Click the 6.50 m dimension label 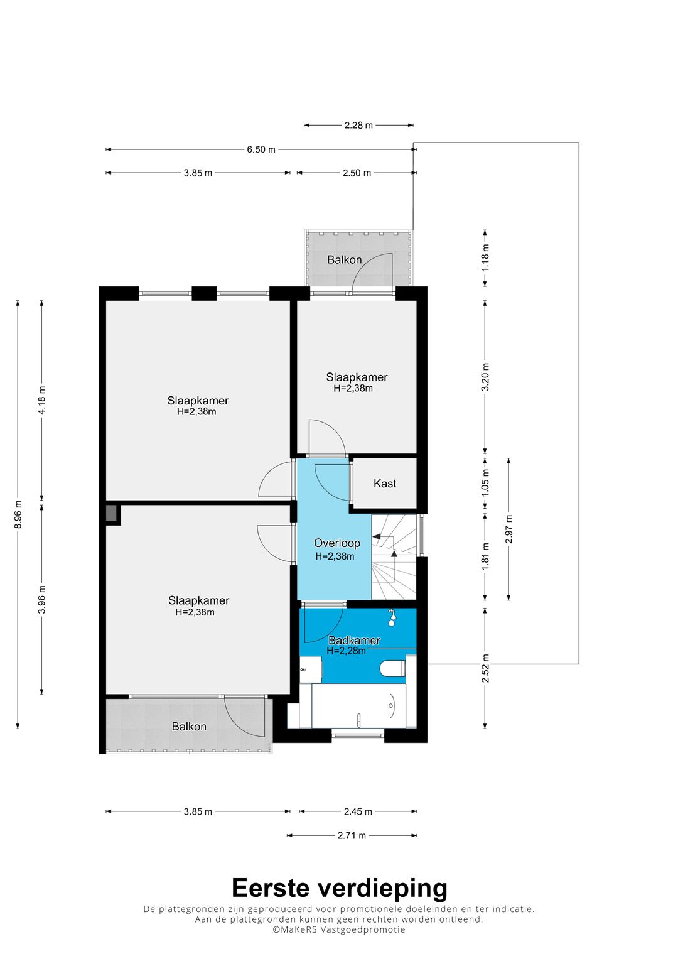pos(261,149)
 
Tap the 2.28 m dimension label pos(358,126)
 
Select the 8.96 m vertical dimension pos(18,514)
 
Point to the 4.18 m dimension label pos(42,400)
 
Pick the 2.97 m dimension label pos(509,529)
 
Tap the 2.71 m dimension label pos(352,835)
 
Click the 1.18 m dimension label pos(485,257)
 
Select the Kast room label pos(385,484)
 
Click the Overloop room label pos(337,543)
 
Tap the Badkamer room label pos(354,641)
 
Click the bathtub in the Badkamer pos(358,705)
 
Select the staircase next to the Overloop pos(394,557)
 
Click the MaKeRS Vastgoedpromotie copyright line pos(339,929)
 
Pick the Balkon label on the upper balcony pos(345,260)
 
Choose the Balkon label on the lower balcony pos(189,727)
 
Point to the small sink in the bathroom pos(310,670)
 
